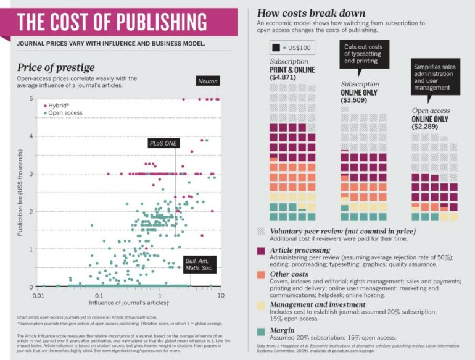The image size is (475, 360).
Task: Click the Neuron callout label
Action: (207, 82)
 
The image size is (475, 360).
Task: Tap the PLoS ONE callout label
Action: (162, 143)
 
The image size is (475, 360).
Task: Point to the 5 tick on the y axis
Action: (30, 99)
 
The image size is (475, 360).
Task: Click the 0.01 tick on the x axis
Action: (38, 296)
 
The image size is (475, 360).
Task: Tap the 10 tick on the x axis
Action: (220, 296)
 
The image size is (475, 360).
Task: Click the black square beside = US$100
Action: (276, 48)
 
